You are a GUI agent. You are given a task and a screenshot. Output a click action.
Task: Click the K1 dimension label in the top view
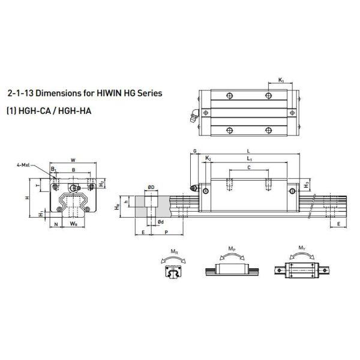point(281,80)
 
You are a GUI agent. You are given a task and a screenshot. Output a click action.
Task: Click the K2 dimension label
point(208,157)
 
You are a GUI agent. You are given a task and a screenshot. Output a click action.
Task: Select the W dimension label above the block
point(73,160)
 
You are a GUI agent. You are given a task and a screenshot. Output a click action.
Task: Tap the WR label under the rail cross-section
point(73,224)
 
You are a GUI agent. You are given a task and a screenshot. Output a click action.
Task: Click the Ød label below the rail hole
point(161,222)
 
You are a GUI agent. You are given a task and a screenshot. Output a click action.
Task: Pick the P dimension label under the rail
point(165,230)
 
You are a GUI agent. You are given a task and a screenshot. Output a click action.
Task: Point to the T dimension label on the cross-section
point(39,187)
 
